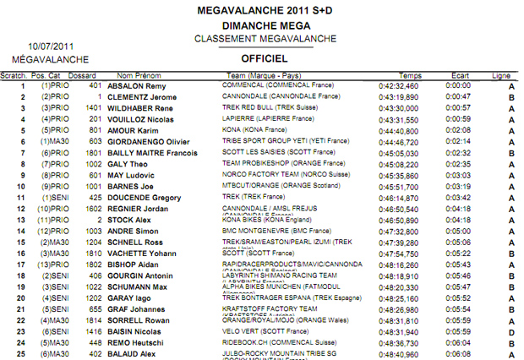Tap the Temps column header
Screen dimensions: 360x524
tap(410, 76)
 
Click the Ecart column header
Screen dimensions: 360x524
tap(460, 76)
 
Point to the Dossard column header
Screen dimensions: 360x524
tap(82, 76)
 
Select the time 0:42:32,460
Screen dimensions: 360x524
tap(400, 86)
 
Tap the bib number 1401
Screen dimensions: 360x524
tap(94, 108)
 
